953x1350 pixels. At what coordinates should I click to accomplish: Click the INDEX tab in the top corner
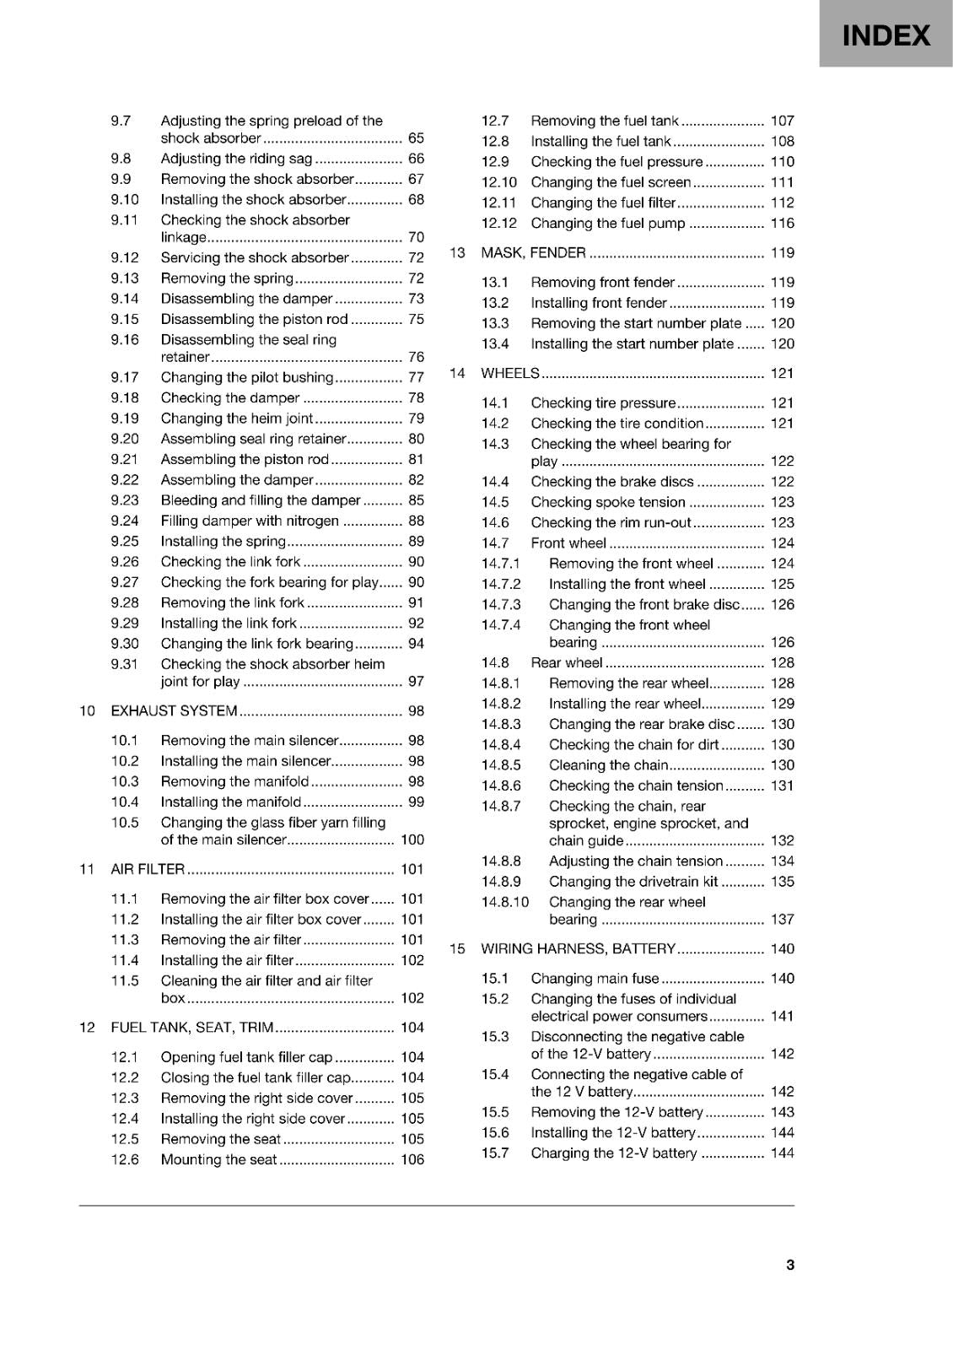tap(886, 35)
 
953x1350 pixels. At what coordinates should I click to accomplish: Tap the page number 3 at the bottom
tap(789, 1264)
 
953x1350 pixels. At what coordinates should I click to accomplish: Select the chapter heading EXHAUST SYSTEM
tap(175, 710)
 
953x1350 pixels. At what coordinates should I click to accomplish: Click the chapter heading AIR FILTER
tap(148, 869)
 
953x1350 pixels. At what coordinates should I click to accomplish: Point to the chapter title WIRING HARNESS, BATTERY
tap(579, 948)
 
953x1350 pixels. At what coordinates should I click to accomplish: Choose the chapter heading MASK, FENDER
tap(533, 252)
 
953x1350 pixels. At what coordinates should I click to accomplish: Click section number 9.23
tap(125, 500)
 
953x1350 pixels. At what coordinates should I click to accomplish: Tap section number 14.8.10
tap(505, 902)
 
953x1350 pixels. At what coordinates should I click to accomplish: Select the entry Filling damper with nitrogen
tap(250, 521)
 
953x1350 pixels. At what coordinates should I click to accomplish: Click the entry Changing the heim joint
tap(237, 418)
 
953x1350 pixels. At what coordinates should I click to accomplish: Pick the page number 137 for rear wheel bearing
tap(782, 919)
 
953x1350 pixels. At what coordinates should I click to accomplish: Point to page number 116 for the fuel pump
tap(782, 223)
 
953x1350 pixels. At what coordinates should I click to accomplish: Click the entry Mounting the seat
tap(218, 1159)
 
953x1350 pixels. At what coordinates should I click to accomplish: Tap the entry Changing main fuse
tap(595, 978)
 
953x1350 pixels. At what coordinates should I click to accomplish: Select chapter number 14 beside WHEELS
tap(457, 373)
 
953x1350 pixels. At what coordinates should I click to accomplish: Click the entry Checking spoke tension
tap(608, 502)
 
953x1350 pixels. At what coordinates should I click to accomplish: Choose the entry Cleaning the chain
tap(608, 765)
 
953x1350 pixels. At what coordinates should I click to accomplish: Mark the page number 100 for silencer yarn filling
tap(412, 840)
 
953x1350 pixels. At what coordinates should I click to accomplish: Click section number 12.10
tap(499, 182)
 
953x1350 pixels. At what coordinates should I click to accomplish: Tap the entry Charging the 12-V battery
tap(614, 1153)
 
